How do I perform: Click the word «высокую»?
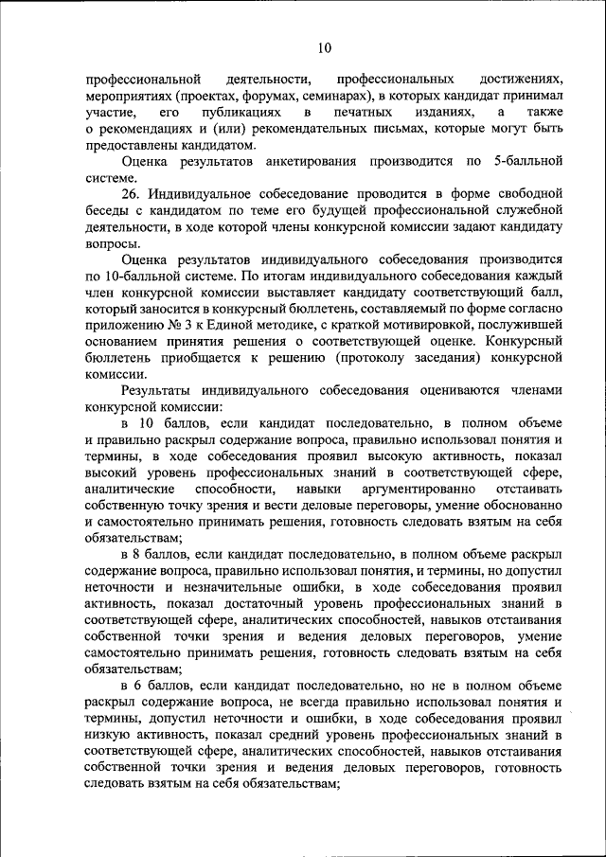click(x=377, y=455)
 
